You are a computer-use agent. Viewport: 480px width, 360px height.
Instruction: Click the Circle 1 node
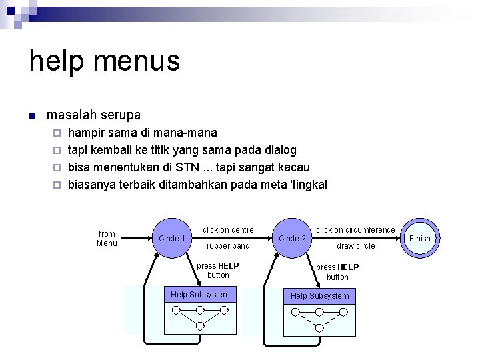[172, 238]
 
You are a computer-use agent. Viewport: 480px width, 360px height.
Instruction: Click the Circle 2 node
[292, 238]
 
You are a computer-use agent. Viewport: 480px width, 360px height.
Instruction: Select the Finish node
[419, 238]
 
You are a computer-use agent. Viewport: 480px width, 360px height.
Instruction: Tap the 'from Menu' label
[107, 238]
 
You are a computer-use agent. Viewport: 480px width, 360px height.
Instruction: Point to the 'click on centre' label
[228, 230]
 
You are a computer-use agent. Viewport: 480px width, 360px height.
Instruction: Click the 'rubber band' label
[228, 246]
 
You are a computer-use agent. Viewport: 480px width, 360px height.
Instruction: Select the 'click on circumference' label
[355, 230]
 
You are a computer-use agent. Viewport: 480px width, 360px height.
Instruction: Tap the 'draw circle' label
[355, 246]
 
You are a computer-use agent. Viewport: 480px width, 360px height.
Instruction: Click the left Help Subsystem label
[200, 295]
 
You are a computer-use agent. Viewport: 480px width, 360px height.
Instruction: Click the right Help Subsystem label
[319, 295]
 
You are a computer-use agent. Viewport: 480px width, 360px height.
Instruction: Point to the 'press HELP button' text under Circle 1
[218, 270]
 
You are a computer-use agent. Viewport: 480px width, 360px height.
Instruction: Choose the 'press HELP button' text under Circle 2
[337, 272]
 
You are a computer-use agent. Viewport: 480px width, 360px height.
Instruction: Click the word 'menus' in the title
[137, 61]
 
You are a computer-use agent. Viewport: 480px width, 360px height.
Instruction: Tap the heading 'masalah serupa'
[93, 115]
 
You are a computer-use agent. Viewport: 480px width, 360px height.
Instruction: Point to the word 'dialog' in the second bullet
[280, 149]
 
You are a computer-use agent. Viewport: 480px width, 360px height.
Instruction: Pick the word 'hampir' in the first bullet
[87, 132]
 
